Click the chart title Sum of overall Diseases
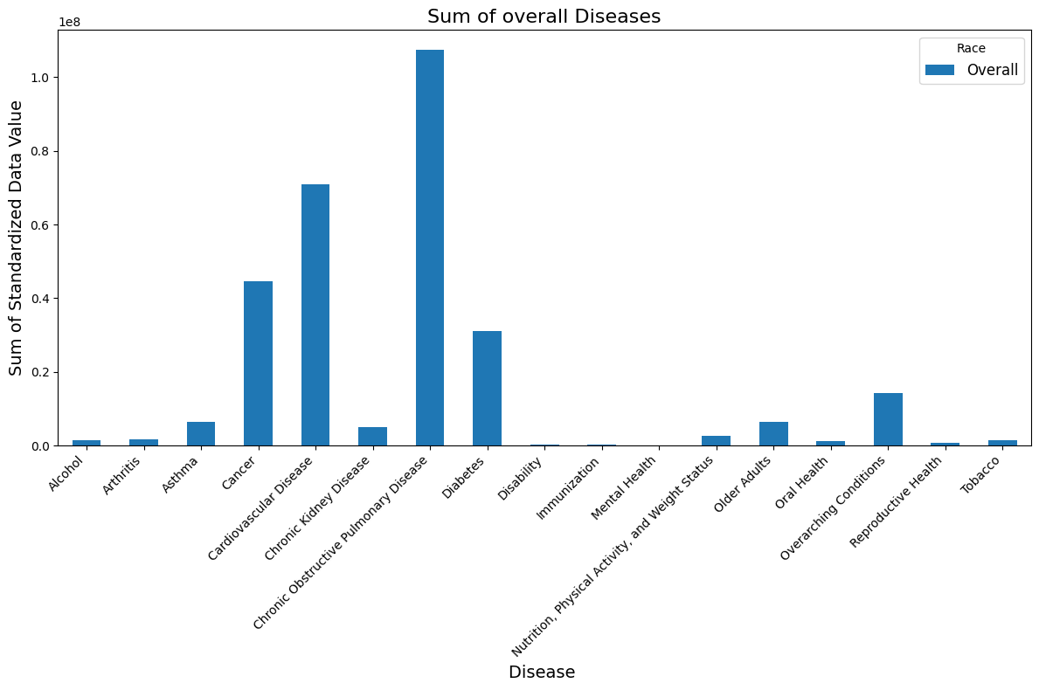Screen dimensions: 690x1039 click(x=544, y=16)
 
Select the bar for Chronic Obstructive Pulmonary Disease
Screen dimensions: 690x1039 click(x=430, y=248)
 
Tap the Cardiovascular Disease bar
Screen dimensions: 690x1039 click(x=315, y=314)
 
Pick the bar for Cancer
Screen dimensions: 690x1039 click(x=258, y=363)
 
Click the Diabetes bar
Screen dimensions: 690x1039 click(x=487, y=388)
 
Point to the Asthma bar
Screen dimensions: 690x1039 click(x=201, y=434)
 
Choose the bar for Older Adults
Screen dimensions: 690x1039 click(x=773, y=434)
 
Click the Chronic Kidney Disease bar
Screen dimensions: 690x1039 click(x=372, y=437)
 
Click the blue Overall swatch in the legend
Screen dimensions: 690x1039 click(x=940, y=70)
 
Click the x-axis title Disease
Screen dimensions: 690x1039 click(x=542, y=673)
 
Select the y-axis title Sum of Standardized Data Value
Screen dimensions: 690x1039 click(x=16, y=238)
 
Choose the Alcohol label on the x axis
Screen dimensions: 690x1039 click(x=68, y=473)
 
